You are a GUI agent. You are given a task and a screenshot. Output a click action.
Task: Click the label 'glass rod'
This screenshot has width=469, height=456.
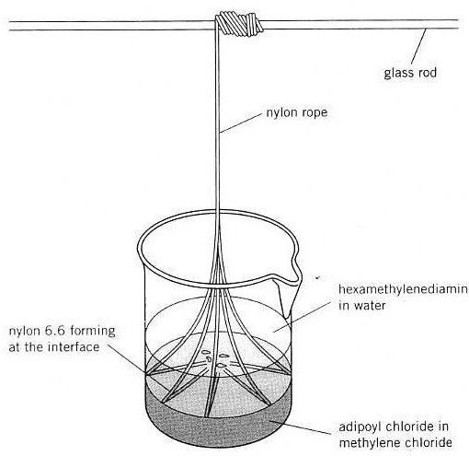click(x=410, y=74)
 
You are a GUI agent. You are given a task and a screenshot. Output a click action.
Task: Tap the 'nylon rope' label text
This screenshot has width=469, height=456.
click(x=297, y=112)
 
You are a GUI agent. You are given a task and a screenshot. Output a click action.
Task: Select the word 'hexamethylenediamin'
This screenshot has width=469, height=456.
click(x=403, y=289)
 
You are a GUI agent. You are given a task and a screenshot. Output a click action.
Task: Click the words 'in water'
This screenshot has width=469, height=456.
click(x=361, y=306)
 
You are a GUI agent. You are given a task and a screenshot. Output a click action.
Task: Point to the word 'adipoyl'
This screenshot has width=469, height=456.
click(x=360, y=427)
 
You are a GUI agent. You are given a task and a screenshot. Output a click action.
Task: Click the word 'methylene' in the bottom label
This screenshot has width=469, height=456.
click(x=370, y=443)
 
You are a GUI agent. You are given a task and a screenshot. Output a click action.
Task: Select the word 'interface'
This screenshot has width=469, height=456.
click(x=74, y=347)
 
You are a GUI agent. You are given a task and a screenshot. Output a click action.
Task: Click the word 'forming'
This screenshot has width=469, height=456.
click(x=93, y=332)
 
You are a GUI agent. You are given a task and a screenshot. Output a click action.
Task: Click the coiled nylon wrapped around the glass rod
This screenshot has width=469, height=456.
click(x=239, y=23)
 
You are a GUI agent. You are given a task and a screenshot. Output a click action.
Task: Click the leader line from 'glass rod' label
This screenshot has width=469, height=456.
click(x=418, y=46)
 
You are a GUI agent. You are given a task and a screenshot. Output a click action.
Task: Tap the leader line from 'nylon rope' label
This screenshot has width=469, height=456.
click(x=241, y=123)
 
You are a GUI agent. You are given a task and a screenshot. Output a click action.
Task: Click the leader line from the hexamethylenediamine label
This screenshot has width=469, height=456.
click(x=303, y=317)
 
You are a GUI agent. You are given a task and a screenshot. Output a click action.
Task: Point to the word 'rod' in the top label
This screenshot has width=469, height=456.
click(x=426, y=73)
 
